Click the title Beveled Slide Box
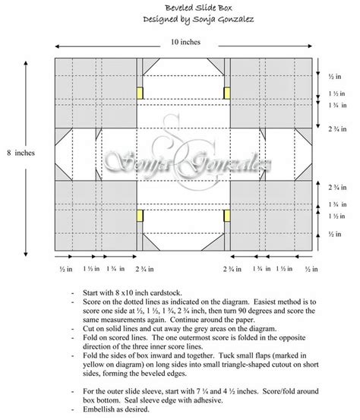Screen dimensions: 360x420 [180, 6]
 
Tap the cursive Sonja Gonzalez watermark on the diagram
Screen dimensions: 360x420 [179, 160]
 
